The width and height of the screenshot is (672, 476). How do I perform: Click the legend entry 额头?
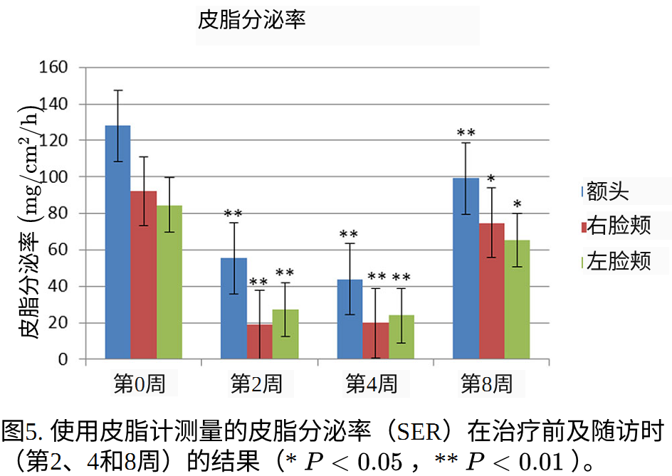[x=606, y=191]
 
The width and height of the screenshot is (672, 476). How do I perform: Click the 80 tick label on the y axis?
[x=58, y=213]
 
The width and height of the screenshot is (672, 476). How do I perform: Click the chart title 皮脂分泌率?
[x=252, y=21]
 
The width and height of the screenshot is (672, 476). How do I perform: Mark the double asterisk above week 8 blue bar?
[x=466, y=133]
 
